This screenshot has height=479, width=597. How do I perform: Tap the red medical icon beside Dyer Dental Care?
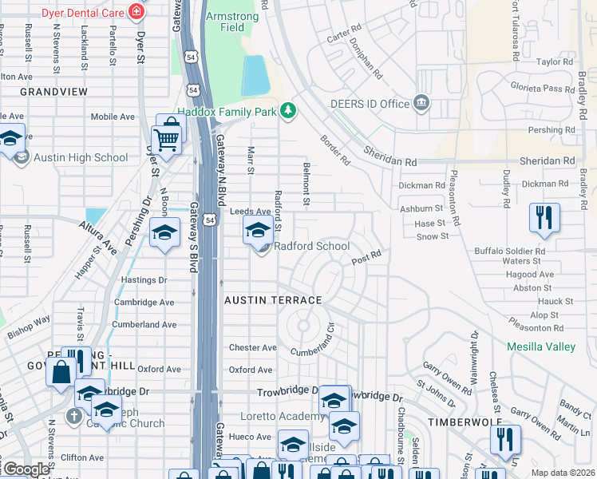pyautogui.click(x=136, y=11)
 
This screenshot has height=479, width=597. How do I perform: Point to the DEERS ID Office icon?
pyautogui.click(x=421, y=103)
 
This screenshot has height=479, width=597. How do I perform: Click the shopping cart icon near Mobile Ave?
pyautogui.click(x=166, y=139)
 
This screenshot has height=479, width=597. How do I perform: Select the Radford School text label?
pyautogui.click(x=312, y=246)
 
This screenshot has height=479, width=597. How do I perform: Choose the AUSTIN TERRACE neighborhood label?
pyautogui.click(x=272, y=300)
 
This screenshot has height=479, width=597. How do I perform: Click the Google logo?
pyautogui.click(x=26, y=469)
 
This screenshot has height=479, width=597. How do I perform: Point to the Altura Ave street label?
pyautogui.click(x=98, y=238)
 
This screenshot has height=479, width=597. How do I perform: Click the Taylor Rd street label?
pyautogui.click(x=555, y=61)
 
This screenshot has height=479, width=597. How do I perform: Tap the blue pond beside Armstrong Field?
pyautogui.click(x=255, y=76)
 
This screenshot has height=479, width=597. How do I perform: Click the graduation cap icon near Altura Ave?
pyautogui.click(x=165, y=233)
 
